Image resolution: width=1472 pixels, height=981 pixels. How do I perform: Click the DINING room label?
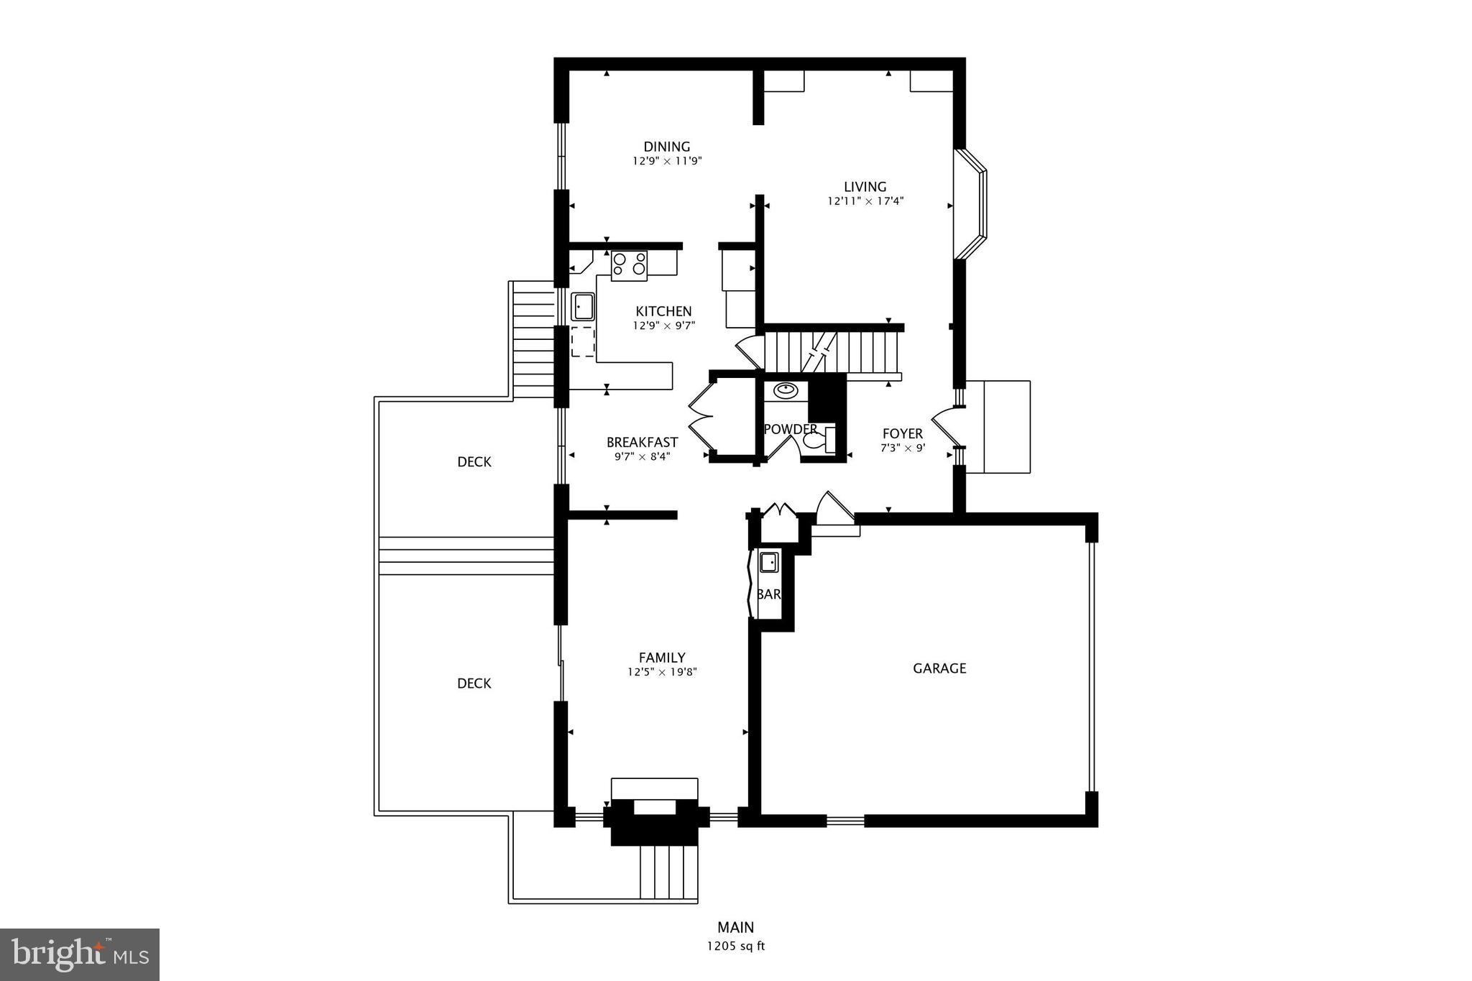tap(666, 147)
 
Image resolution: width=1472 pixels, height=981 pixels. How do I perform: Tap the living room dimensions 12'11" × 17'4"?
tap(865, 202)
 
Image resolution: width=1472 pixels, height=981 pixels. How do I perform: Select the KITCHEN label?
tap(663, 311)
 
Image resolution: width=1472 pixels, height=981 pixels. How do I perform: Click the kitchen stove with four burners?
tap(629, 264)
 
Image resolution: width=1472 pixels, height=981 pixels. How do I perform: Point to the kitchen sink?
tap(582, 306)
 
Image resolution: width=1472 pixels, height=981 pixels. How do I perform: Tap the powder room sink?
tap(786, 390)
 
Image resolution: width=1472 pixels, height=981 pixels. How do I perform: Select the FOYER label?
tap(902, 433)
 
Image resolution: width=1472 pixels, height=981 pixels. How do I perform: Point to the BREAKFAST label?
tap(642, 442)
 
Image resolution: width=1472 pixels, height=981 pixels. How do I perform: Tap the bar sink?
tap(769, 562)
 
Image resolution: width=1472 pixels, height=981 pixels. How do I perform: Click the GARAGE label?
tap(939, 668)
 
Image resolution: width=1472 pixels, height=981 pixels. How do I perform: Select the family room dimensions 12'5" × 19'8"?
tap(662, 673)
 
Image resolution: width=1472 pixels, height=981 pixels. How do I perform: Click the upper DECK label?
tap(474, 462)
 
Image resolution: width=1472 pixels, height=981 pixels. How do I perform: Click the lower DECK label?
tap(474, 683)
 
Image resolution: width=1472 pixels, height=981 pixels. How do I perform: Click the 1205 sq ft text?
tap(735, 946)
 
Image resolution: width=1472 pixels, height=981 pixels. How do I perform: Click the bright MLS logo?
tap(79, 954)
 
